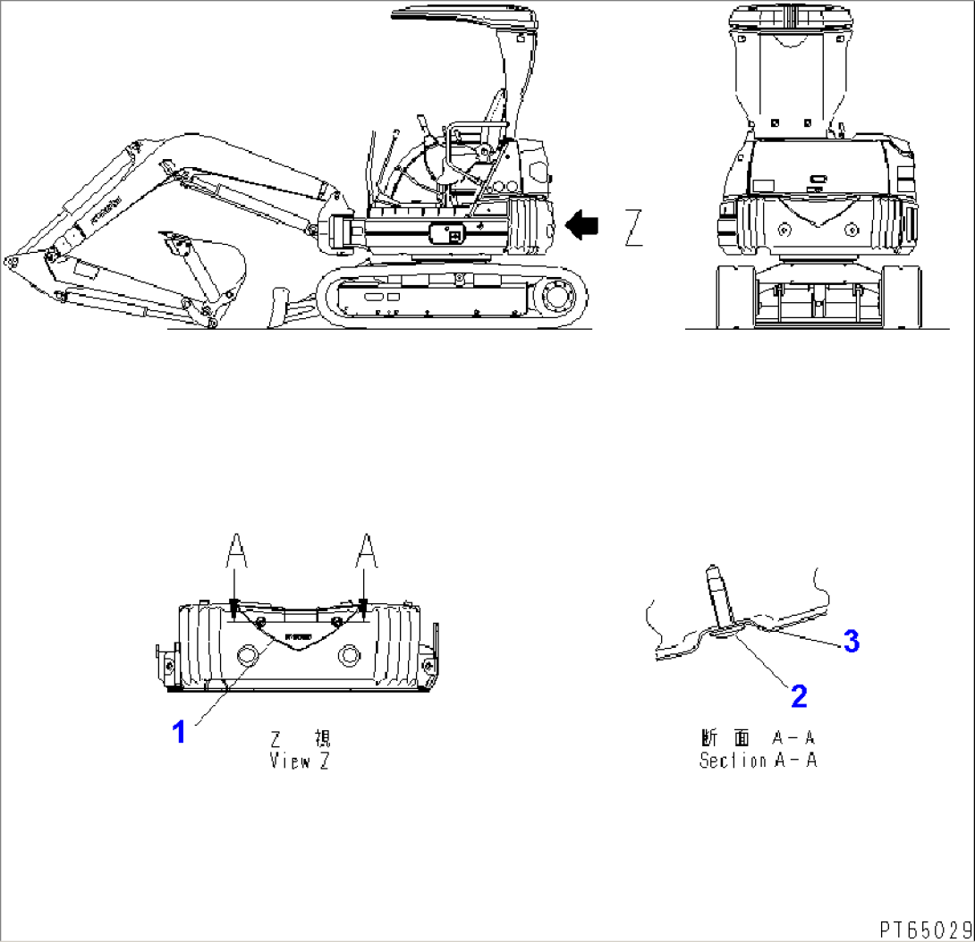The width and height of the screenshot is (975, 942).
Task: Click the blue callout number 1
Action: click(179, 734)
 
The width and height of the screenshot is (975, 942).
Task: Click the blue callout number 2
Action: click(799, 693)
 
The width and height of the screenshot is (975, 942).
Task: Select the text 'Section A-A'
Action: click(758, 761)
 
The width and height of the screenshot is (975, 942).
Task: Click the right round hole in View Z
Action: click(348, 657)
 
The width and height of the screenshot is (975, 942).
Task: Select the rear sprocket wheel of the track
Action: click(555, 295)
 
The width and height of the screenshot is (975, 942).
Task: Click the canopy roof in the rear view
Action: click(788, 15)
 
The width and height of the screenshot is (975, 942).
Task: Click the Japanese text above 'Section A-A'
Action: click(758, 739)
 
